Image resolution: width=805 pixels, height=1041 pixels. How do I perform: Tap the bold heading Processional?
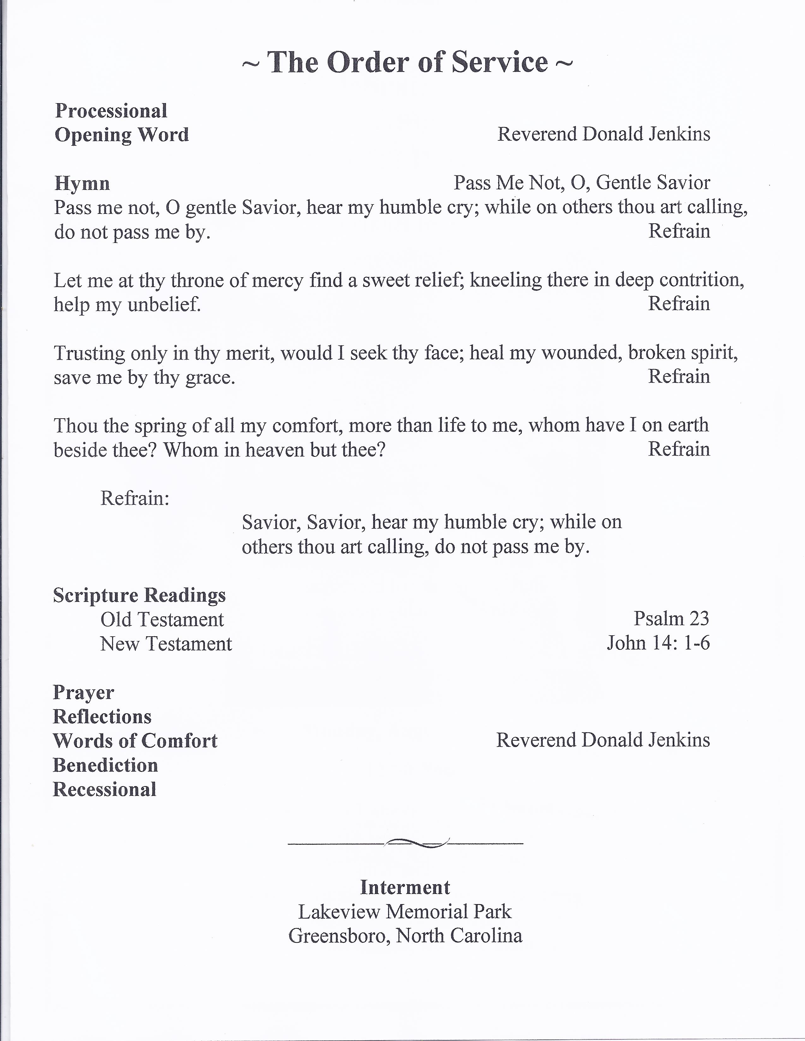111,111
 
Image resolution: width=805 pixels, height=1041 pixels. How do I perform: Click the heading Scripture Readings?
139,595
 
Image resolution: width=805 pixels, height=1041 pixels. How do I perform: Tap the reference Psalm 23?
671,619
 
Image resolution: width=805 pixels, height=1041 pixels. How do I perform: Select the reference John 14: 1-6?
658,643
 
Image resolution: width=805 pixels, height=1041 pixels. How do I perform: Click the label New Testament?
166,644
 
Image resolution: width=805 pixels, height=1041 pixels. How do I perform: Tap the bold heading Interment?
405,887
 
